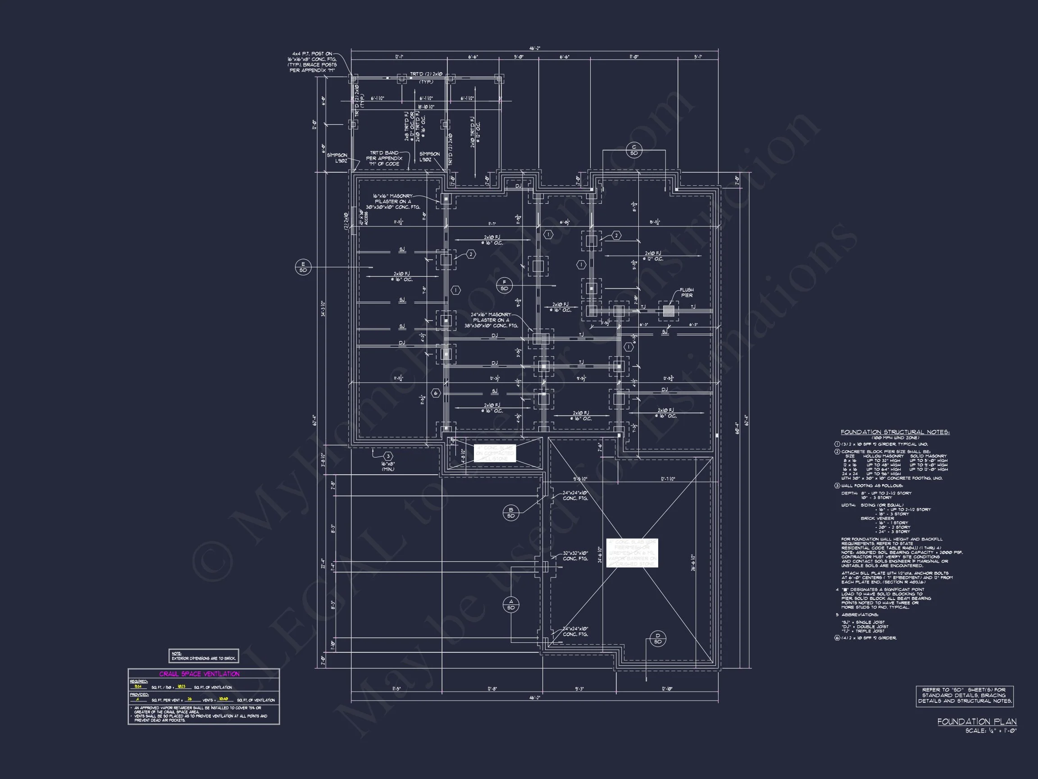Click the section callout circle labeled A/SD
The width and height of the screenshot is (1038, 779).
[511, 605]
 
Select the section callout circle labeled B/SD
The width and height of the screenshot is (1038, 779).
[511, 513]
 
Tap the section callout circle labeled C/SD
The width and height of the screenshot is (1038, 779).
[634, 150]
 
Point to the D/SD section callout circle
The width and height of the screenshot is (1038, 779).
[657, 639]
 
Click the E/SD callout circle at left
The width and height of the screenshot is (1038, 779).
[303, 267]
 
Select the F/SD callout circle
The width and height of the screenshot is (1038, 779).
[505, 285]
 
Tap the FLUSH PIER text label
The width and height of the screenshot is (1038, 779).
[687, 293]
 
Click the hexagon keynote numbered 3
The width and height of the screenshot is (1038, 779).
[388, 456]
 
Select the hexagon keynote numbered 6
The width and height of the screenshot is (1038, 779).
[436, 394]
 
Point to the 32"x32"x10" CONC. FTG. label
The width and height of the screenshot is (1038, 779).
[575, 556]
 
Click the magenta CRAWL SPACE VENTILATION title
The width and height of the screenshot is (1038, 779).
[200, 674]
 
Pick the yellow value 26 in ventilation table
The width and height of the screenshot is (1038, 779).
[190, 699]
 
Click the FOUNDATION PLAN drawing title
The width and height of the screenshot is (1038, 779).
[977, 722]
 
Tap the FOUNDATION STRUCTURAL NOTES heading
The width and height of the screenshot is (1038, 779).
[895, 432]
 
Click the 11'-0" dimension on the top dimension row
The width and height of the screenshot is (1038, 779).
[634, 57]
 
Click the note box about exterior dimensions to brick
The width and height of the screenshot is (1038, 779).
[204, 656]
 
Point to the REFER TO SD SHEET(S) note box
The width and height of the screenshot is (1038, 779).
[964, 696]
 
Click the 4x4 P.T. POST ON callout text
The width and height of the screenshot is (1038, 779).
[312, 54]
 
